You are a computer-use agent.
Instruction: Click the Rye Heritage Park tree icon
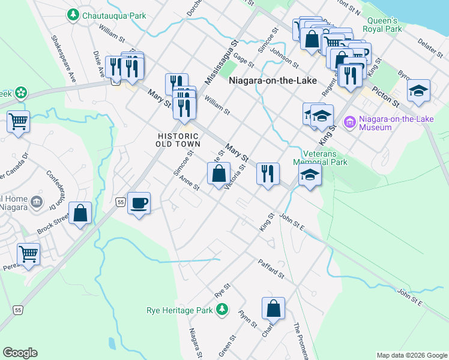point(222,309)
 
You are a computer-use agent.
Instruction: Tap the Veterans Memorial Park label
point(320,157)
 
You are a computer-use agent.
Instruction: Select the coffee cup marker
point(139,203)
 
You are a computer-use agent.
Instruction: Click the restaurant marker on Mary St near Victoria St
point(268,173)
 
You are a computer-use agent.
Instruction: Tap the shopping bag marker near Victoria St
point(218,174)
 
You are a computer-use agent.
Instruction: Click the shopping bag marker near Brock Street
point(80,213)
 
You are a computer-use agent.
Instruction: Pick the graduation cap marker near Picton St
point(418,90)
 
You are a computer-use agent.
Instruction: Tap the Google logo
point(20,353)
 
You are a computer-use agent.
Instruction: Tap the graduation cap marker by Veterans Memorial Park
point(310,175)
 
